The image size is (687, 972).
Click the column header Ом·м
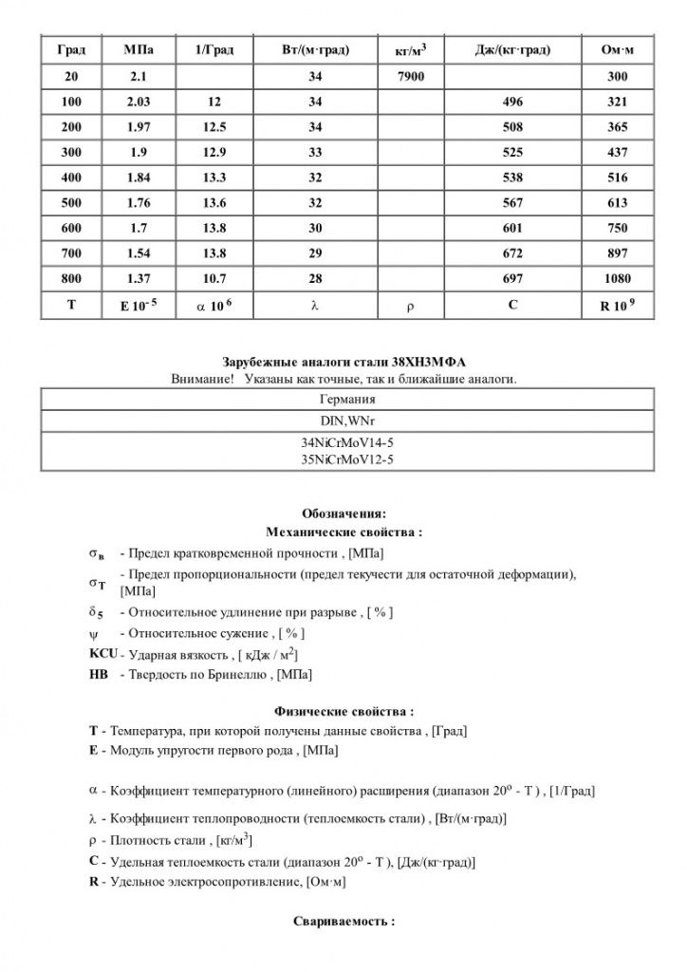coord(617,48)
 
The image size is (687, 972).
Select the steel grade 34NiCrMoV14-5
coord(345,443)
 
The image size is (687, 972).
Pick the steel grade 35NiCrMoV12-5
coord(345,459)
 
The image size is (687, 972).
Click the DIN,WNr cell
coord(345,421)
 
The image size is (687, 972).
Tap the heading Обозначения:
coord(344,514)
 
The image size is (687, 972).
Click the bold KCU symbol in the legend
coord(102,655)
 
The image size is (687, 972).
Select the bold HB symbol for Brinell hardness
coord(98,675)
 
